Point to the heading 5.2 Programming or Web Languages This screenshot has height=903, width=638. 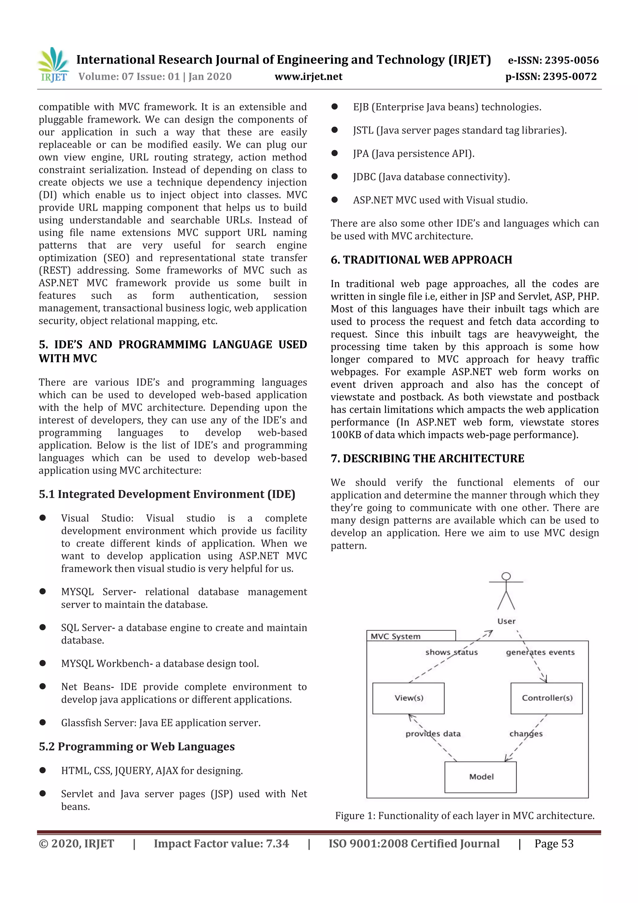[x=136, y=746]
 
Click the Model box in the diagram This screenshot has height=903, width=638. [x=480, y=777]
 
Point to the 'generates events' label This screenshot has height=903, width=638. [x=540, y=652]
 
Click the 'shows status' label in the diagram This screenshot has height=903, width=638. [x=451, y=652]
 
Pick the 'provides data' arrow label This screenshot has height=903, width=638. [x=433, y=733]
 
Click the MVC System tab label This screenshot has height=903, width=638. [x=395, y=636]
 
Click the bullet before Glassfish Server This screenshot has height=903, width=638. [x=42, y=722]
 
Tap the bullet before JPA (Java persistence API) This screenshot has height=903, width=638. [x=335, y=153]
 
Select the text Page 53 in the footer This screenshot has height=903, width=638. [x=554, y=843]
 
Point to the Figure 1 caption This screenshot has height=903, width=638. [x=465, y=815]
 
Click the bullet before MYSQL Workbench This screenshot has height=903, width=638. [x=42, y=663]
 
